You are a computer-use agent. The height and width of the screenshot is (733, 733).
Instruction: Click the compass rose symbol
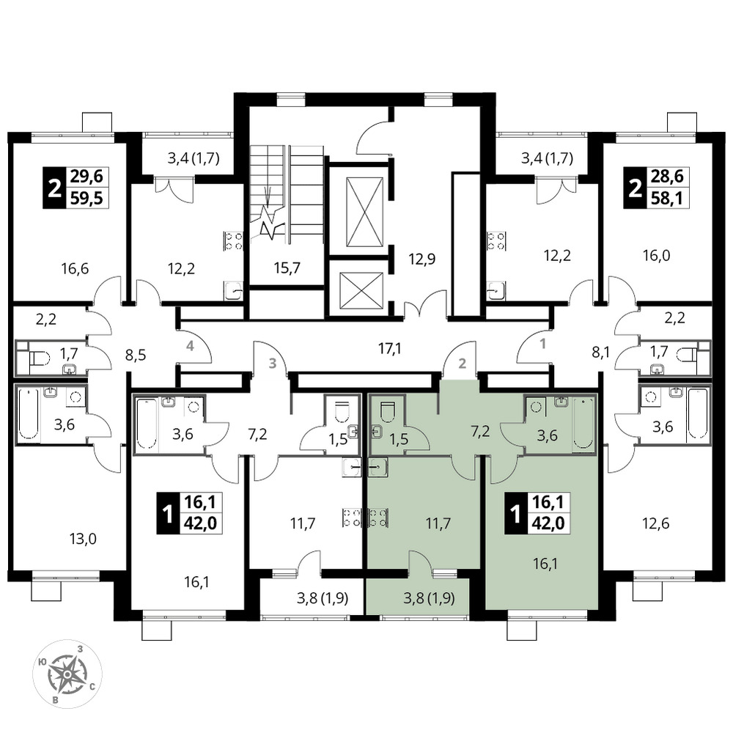(x=67, y=674)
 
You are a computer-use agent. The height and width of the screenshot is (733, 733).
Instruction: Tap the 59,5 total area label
(x=86, y=199)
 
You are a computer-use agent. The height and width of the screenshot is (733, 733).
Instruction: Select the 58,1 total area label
(x=667, y=199)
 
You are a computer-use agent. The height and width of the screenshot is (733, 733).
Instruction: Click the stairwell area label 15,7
(x=287, y=268)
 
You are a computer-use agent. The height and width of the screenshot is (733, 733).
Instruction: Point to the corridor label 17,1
(x=389, y=348)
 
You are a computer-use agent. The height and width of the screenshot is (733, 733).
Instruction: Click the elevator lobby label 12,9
(x=421, y=259)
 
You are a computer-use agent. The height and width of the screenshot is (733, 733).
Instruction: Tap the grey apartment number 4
(x=190, y=347)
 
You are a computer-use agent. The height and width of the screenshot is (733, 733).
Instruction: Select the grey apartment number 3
(x=273, y=363)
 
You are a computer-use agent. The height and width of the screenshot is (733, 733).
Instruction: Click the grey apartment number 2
(x=463, y=363)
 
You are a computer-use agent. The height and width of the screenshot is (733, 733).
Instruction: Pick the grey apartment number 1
(x=542, y=344)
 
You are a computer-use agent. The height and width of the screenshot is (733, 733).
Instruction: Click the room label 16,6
(x=75, y=269)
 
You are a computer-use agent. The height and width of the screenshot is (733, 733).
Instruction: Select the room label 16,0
(x=656, y=256)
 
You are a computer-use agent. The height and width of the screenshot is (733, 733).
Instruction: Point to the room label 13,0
(x=83, y=539)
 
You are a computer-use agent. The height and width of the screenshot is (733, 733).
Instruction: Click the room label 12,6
(x=656, y=523)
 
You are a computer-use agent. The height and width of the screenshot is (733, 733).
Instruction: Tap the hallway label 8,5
(x=136, y=355)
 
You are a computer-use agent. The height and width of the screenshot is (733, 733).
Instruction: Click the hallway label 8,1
(x=601, y=351)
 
